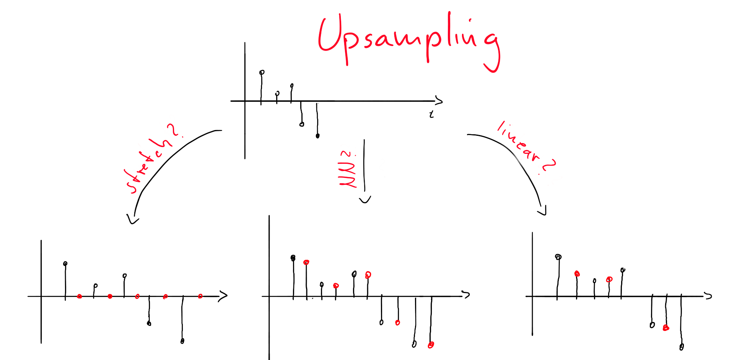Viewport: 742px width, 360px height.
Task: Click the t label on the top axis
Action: (431, 114)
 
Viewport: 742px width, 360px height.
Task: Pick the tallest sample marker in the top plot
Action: (262, 72)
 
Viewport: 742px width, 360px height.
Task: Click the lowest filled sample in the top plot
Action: (317, 136)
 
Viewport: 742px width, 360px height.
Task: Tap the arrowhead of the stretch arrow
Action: (133, 220)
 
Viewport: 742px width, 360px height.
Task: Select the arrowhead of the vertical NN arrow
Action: (365, 200)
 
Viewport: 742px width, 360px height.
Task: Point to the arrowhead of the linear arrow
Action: (542, 211)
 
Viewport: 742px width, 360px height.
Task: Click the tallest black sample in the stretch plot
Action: (65, 264)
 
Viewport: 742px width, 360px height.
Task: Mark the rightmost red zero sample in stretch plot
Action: (200, 296)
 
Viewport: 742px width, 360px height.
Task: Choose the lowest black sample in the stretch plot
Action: (182, 341)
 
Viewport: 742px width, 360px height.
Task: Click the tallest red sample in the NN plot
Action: (306, 262)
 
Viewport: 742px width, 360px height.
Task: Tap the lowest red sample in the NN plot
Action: (431, 345)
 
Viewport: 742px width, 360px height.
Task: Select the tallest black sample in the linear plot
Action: (558, 257)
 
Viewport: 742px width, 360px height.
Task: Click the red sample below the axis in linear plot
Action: (666, 328)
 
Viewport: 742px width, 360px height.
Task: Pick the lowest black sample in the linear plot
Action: (682, 347)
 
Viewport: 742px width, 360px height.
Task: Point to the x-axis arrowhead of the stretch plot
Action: (223, 296)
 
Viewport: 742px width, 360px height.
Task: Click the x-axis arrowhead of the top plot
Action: (439, 101)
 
